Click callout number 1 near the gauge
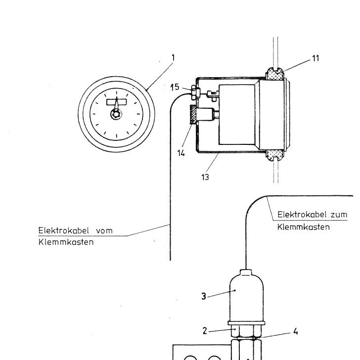coord(174,58)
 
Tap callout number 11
coord(315,58)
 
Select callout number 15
coord(175,87)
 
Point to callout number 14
coord(181,153)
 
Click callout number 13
coord(205,177)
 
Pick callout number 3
coord(204,296)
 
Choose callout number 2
coord(205,331)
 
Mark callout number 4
coord(296,331)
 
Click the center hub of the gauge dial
coord(116,114)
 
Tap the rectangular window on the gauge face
coord(117,102)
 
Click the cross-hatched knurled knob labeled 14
coord(193,114)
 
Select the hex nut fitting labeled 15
coord(195,92)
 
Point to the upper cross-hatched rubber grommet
coord(275,74)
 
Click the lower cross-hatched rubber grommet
coord(275,155)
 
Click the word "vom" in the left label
coord(104,230)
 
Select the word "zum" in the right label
coord(339,215)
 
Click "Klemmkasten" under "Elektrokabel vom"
coord(66,242)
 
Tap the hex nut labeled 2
coord(246,331)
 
